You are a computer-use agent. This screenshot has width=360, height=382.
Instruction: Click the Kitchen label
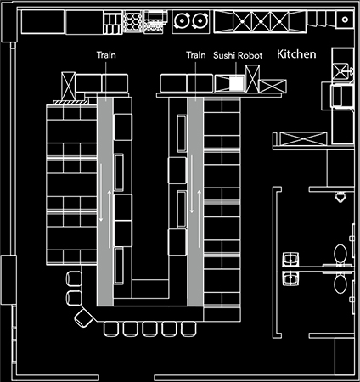296,53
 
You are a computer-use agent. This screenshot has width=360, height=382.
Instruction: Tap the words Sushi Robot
238,55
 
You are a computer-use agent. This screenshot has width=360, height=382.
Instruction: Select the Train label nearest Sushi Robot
196,54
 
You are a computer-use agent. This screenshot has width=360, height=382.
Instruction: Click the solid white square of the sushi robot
236,83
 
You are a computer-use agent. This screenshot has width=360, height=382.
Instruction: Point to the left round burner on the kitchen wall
181,21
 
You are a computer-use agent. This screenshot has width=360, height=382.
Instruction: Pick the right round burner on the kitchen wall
200,21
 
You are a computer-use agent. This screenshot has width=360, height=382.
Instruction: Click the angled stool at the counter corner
84,318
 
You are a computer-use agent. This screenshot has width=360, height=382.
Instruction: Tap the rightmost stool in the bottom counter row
188,329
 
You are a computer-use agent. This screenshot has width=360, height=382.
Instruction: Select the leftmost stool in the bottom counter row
110,329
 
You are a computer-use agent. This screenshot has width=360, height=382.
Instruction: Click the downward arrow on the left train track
101,193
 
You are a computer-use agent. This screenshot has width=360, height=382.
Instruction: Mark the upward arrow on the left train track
109,219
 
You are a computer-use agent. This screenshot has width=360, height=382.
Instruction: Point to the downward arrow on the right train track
192,184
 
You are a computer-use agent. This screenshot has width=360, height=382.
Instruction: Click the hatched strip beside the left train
70,102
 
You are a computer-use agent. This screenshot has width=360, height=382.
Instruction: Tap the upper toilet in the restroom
340,254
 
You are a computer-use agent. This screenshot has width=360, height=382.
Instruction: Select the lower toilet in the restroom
340,284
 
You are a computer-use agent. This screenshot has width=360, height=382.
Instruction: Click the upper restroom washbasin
290,259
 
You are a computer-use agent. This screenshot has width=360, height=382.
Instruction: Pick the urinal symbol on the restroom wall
340,197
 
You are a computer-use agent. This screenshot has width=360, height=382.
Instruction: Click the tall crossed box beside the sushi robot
252,79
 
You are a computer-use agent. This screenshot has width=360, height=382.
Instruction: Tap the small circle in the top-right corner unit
345,20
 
